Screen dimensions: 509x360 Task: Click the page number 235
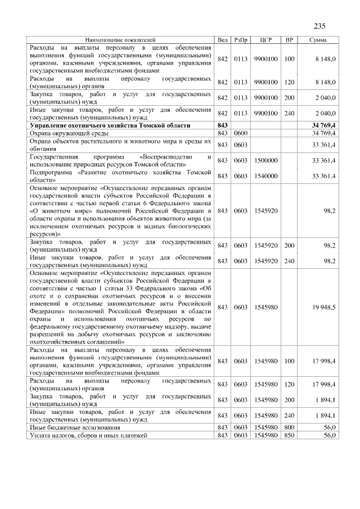pyautogui.click(x=319, y=26)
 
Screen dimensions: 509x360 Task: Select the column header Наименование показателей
pyautogui.click(x=120, y=40)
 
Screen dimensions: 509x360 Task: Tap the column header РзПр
pyautogui.click(x=241, y=40)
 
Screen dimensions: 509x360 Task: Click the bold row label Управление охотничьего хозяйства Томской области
pyautogui.click(x=110, y=124)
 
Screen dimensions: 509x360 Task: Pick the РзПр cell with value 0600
pyautogui.click(x=241, y=133)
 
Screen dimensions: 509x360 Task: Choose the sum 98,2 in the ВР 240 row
pyautogui.click(x=329, y=261)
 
